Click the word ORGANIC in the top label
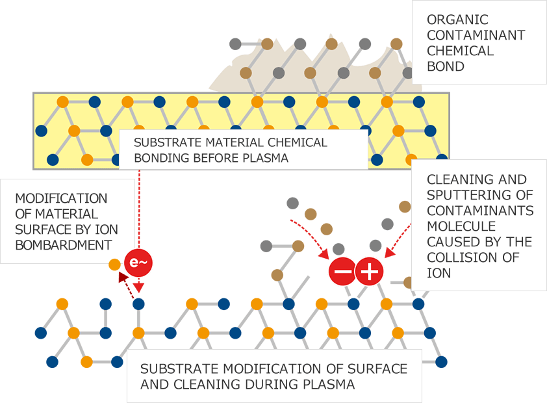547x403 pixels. coord(448,19)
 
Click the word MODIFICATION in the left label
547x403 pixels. coord(60,198)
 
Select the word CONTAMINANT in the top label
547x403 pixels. coord(476,35)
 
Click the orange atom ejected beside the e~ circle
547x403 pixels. coord(114,265)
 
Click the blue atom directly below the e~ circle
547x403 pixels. coord(138,304)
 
